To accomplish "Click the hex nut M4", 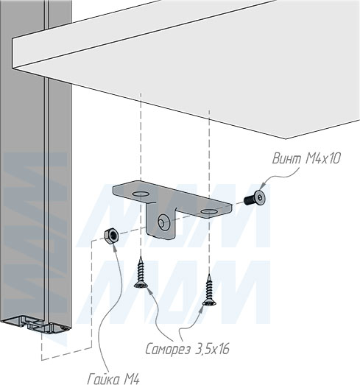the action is coord(111,236).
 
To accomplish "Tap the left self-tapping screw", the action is coord(140,272).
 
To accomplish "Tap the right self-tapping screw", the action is coord(209,290).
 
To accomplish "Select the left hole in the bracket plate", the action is coord(141,194).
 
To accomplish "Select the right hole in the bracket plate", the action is coord(209,211).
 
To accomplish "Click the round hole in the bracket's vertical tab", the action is coord(163,222).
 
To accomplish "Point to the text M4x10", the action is coord(323,158).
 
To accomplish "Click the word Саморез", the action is coord(168,349).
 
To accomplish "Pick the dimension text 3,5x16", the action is coord(212,349).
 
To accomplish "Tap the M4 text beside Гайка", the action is coord(132,379).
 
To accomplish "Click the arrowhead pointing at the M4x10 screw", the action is coord(263,186).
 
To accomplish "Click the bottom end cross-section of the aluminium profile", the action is coord(35,324).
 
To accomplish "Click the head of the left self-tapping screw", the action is coord(140,285).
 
